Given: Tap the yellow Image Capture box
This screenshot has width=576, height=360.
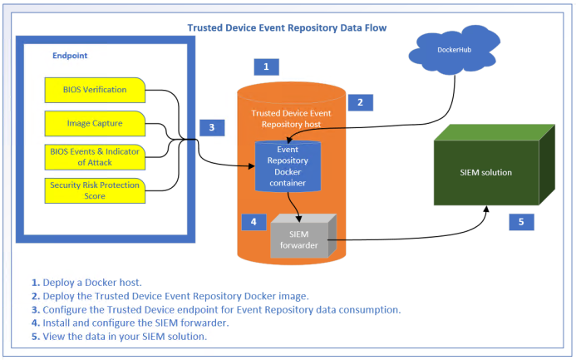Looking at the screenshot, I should point(95,123).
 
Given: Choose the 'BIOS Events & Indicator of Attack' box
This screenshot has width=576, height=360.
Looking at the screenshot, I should point(95,155).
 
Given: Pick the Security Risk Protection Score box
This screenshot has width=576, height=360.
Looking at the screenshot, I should point(96,188).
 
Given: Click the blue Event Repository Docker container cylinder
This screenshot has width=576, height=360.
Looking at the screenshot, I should point(287,166).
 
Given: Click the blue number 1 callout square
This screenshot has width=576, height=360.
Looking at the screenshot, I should point(265,66).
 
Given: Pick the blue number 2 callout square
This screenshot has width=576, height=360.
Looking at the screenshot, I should point(360,102).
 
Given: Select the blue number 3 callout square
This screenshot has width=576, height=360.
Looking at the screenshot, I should point(212,127).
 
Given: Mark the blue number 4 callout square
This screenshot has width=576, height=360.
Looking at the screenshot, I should point(254,222).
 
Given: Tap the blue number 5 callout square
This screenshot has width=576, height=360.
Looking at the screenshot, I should point(521,222).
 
